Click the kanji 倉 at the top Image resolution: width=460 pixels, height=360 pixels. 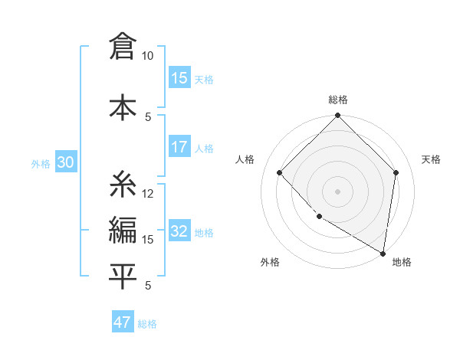[x=123, y=47]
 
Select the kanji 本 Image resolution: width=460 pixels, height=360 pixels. [x=123, y=106]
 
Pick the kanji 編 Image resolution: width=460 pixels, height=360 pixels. [x=123, y=230]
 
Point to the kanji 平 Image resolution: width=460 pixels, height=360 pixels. [x=123, y=277]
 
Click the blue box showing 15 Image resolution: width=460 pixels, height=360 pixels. [x=179, y=78]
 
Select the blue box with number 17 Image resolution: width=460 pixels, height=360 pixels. [x=179, y=147]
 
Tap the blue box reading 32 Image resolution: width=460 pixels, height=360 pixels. [x=179, y=232]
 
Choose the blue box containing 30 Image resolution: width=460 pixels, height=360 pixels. [x=65, y=162]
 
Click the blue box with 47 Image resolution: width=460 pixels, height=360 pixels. [x=123, y=322]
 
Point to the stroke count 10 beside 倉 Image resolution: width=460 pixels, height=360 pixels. [x=148, y=56]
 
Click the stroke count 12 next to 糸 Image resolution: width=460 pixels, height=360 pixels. [x=148, y=193]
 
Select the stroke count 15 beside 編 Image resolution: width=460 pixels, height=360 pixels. [x=148, y=239]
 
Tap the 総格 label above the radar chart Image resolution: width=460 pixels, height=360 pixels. [x=337, y=100]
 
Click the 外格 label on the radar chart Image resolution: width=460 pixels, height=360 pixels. [x=270, y=262]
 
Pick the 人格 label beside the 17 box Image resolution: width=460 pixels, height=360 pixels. [x=204, y=148]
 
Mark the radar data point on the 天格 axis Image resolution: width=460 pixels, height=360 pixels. [x=396, y=172]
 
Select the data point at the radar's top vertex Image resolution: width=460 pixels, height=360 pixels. [x=337, y=116]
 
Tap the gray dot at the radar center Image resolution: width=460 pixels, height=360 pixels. [x=337, y=191]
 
